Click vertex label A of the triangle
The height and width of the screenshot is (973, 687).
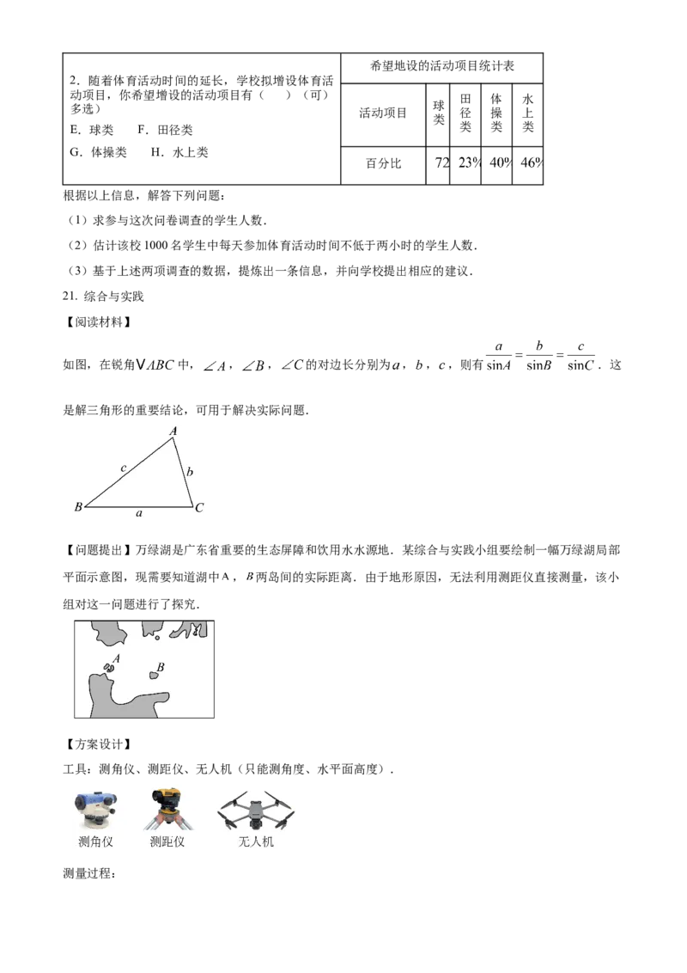point(173,431)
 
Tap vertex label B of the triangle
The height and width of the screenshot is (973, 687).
point(77,507)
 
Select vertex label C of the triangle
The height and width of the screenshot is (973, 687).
point(199,508)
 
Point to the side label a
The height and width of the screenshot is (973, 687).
point(139,514)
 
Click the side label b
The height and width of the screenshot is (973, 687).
point(190,471)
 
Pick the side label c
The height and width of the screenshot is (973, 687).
point(124,468)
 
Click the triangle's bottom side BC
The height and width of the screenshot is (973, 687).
point(137,506)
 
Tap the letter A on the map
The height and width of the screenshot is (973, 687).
point(116,658)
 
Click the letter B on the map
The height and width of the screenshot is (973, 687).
point(161,667)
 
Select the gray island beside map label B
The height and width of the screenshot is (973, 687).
point(155,676)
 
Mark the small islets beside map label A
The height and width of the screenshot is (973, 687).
point(109,666)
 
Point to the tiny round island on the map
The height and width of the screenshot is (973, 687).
point(156,638)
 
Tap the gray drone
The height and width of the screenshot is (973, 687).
point(255,811)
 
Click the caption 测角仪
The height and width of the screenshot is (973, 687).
point(95,841)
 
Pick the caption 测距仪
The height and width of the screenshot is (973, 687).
point(167,841)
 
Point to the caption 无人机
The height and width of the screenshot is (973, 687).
point(256,841)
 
